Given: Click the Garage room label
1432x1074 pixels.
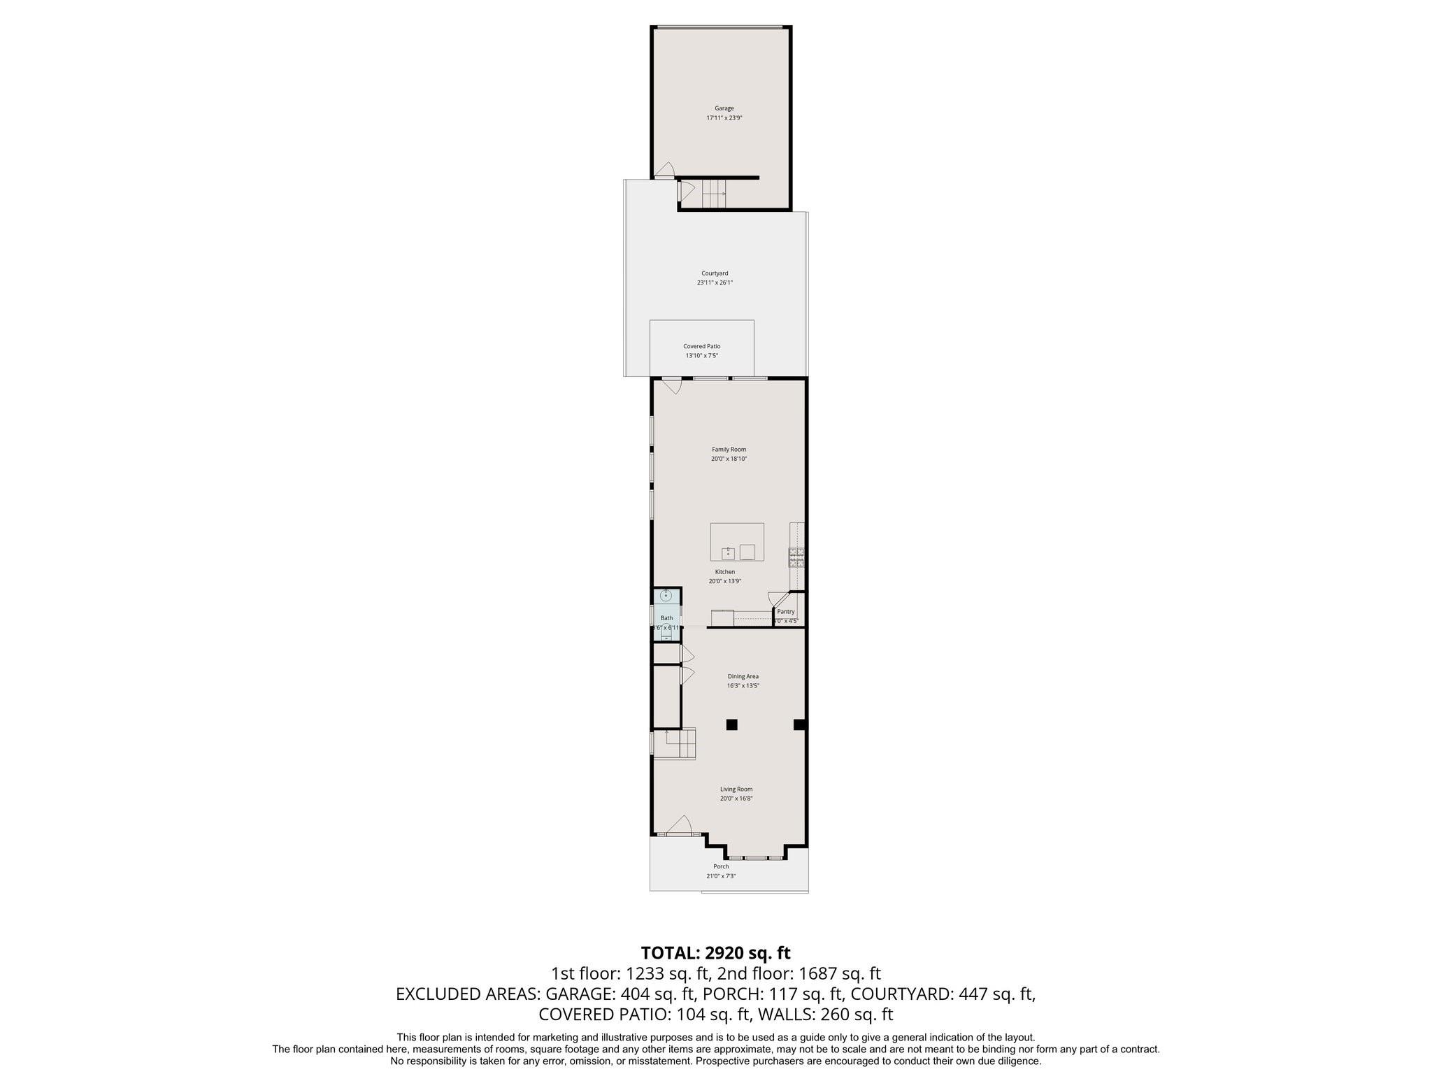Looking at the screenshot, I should point(724,108).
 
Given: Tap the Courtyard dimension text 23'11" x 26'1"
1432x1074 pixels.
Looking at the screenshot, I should point(715,283).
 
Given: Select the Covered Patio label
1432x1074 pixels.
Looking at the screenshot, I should point(701,346).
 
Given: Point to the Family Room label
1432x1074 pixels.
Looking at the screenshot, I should point(729,450).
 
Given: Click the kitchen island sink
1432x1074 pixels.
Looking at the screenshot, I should point(729,553).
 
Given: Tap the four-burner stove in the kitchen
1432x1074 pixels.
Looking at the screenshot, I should point(796,557).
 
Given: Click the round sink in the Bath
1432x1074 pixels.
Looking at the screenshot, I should point(666,596).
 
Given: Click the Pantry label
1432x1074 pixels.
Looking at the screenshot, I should point(785,612).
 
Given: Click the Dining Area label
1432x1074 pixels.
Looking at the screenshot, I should point(743,676).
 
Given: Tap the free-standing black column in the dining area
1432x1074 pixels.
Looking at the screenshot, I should point(731,725).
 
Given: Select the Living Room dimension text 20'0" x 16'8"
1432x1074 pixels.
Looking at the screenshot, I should point(736,799).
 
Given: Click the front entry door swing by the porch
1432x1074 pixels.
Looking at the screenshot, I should point(680,825).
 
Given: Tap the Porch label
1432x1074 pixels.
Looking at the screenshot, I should point(721,866).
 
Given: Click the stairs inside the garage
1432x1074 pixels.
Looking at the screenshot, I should point(714,194).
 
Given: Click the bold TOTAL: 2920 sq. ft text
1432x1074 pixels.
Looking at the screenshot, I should point(715,952).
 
